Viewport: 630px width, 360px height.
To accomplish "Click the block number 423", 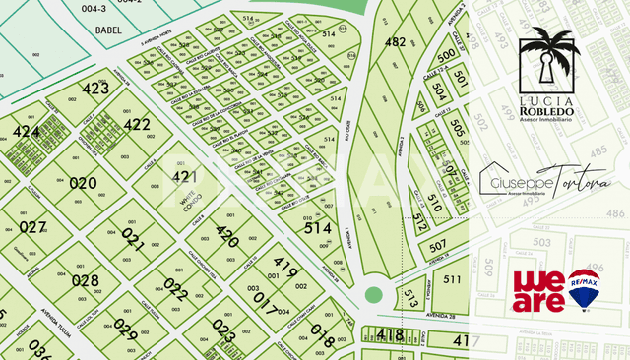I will pyautogui.click(x=95, y=89).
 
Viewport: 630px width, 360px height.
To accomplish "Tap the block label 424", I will pyautogui.click(x=26, y=132).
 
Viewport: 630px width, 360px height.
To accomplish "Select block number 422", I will pyautogui.click(x=137, y=125).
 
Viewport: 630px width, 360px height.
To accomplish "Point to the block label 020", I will pyautogui.click(x=83, y=183).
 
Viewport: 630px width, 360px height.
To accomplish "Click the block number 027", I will pyautogui.click(x=33, y=227).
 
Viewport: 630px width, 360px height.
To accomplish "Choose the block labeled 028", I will pyautogui.click(x=86, y=280).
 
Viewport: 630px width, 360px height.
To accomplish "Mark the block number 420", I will pyautogui.click(x=227, y=237).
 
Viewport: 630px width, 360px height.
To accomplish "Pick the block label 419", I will pyautogui.click(x=285, y=268).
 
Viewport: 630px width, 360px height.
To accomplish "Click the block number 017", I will pyautogui.click(x=266, y=298).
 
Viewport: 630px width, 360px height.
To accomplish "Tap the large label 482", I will pyautogui.click(x=395, y=42).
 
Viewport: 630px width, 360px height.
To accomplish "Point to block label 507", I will pyautogui.click(x=438, y=244).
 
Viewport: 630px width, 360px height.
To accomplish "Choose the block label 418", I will pyautogui.click(x=390, y=335).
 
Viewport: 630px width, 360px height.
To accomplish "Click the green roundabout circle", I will pyautogui.click(x=372, y=294).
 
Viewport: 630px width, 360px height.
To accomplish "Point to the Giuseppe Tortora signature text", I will pyautogui.click(x=544, y=184).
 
